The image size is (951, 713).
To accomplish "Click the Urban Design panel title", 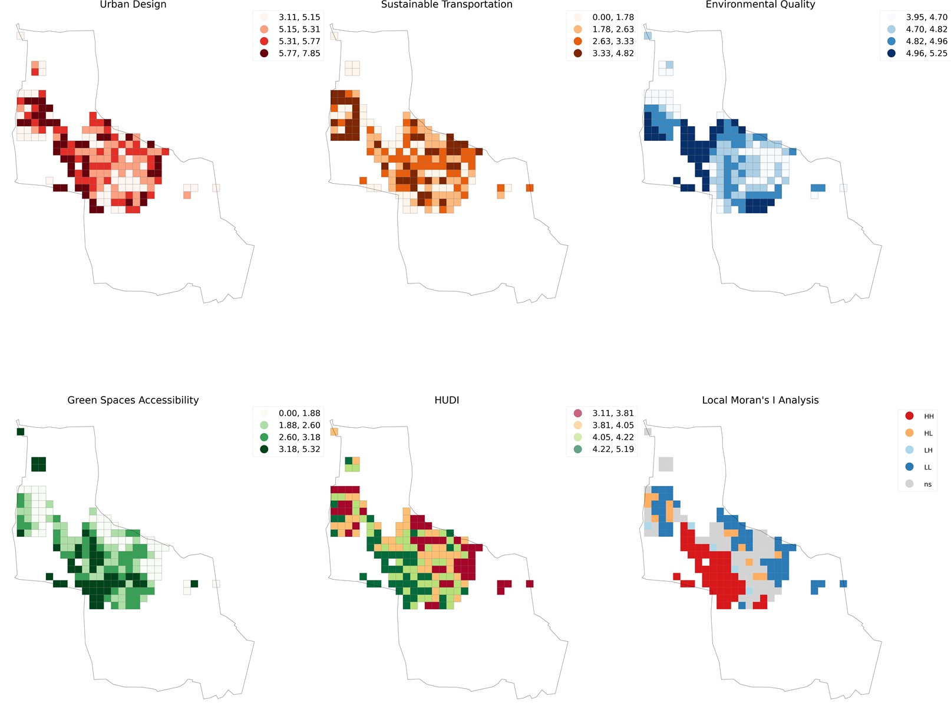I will point(133,5).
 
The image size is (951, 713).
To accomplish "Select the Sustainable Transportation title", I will point(447,5).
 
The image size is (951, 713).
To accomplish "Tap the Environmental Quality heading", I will point(760,5).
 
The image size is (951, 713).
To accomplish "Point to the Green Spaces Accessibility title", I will point(133,400).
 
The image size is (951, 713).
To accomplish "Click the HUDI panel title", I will point(447,400).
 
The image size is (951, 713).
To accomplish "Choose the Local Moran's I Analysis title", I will point(760,400).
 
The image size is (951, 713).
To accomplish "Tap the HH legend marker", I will point(910,416).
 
